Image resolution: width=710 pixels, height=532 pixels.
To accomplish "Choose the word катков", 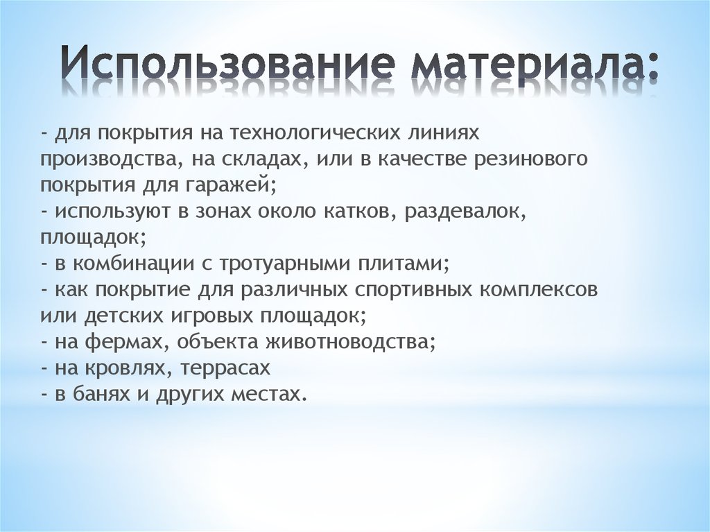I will (359, 212).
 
